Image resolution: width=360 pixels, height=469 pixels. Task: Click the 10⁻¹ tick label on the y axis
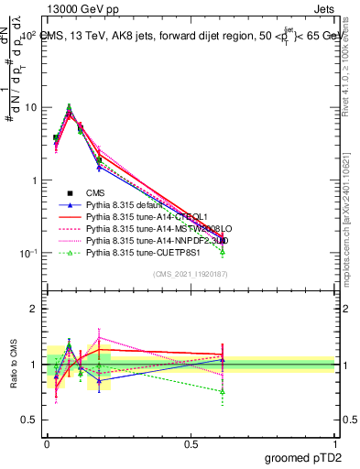pos(27,254)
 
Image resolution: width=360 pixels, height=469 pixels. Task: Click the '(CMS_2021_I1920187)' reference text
pos(191,274)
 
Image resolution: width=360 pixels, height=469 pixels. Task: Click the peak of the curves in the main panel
pos(69,109)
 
